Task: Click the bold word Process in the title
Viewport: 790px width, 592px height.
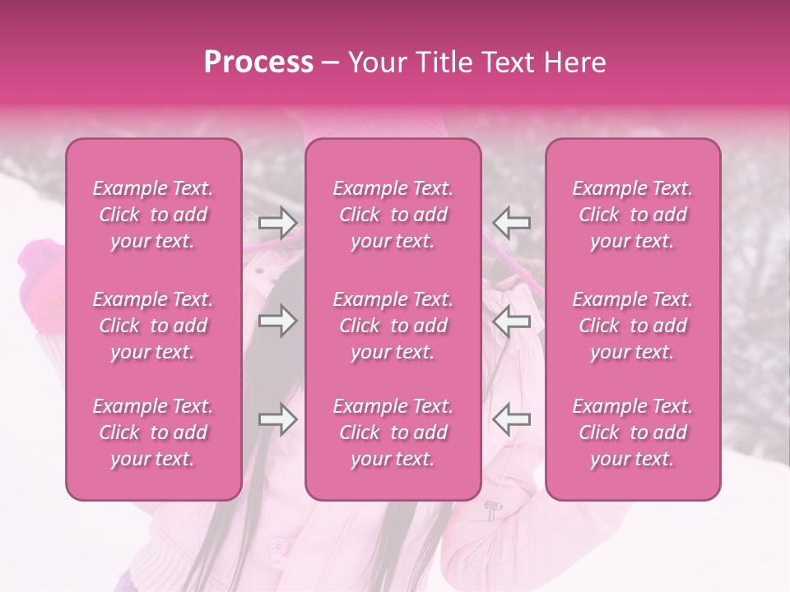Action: [x=258, y=62]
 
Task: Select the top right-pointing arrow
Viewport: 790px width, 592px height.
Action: [x=278, y=223]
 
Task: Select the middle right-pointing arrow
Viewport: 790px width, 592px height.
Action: [x=278, y=321]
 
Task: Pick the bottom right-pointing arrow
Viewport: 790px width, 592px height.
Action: [x=278, y=419]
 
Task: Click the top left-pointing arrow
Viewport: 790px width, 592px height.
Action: [x=511, y=223]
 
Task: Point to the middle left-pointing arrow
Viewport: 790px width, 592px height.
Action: [x=511, y=321]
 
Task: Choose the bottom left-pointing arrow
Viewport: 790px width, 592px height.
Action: [x=511, y=419]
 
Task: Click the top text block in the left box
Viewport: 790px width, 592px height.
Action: [x=153, y=215]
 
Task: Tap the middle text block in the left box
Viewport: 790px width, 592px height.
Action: [x=153, y=326]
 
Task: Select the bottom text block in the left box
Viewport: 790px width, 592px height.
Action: [x=153, y=432]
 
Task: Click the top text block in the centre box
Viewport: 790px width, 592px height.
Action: [x=393, y=215]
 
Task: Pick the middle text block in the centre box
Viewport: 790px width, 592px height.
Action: [x=393, y=326]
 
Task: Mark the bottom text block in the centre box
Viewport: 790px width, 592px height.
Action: [x=393, y=432]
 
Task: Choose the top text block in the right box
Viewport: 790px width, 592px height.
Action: [x=633, y=215]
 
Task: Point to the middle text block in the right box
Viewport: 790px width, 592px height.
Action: [x=633, y=326]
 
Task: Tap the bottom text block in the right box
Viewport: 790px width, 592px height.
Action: [x=633, y=432]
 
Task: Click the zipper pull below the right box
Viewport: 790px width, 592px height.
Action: [x=491, y=511]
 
